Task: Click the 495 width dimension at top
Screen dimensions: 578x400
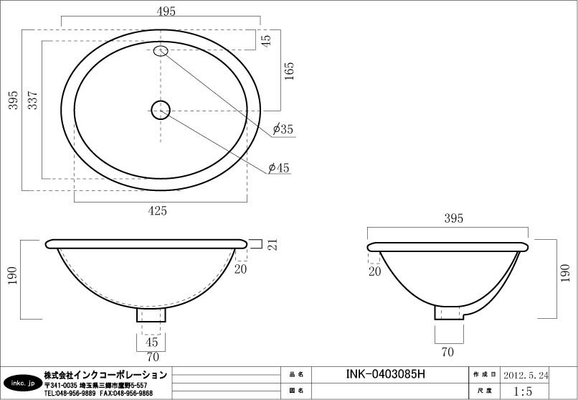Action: click(x=166, y=11)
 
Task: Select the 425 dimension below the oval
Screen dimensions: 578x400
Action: click(x=157, y=211)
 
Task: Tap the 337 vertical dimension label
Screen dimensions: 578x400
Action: click(x=33, y=100)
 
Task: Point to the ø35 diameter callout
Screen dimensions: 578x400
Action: click(x=283, y=129)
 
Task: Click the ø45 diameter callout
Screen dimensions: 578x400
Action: click(x=279, y=168)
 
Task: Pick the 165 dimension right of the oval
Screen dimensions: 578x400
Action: click(x=290, y=71)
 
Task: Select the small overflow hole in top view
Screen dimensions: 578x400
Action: click(x=161, y=51)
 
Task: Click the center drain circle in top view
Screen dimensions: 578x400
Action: click(x=161, y=110)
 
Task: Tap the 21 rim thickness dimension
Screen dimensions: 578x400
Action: click(x=273, y=245)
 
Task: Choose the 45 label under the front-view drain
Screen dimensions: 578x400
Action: click(x=151, y=342)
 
